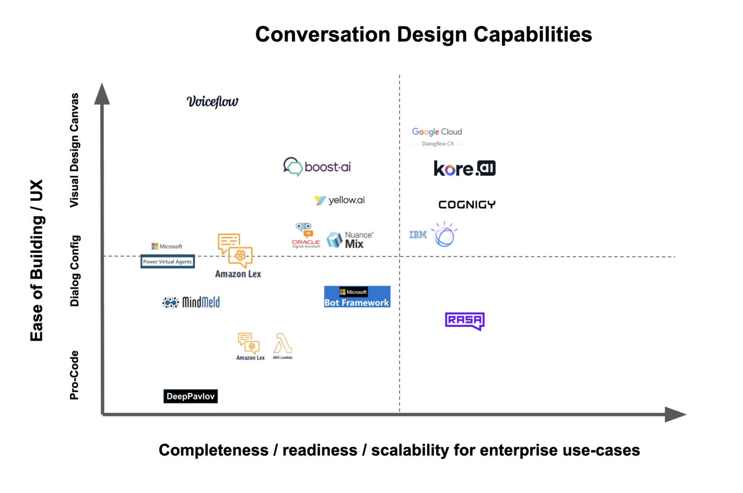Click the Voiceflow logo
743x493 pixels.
coord(212,101)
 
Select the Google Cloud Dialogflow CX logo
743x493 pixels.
coord(437,136)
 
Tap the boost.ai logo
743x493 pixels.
coord(317,167)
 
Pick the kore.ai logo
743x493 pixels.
coord(464,168)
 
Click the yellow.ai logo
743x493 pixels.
coord(340,200)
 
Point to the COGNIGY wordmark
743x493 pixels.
coord(467,205)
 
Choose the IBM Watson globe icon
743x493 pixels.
coord(445,235)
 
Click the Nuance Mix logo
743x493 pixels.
coord(350,240)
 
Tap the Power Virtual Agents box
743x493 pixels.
coord(167,261)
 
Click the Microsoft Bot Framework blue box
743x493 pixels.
coord(357,297)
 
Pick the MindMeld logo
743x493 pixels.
coord(191,302)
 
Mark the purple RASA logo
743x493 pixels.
coord(464,320)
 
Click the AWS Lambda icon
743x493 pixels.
coord(282,346)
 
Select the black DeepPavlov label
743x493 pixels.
coord(191,396)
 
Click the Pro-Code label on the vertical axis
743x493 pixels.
coord(74,375)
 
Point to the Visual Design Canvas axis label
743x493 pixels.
coord(74,150)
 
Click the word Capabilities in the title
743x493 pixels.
coord(532,35)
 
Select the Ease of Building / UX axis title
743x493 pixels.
coord(37,260)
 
